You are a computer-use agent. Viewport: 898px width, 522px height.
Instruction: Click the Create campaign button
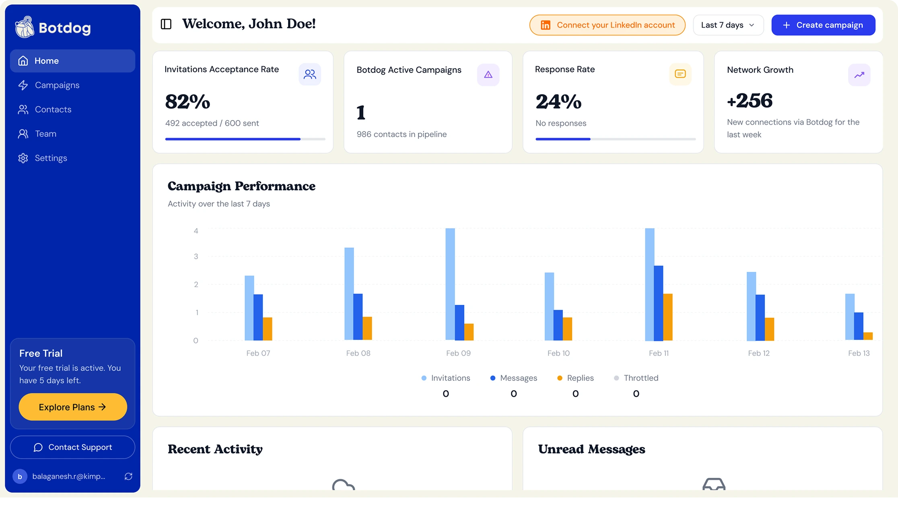[823, 25]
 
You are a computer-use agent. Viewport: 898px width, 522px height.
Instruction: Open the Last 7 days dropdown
[728, 25]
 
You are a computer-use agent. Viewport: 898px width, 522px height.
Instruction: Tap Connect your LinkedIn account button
[607, 25]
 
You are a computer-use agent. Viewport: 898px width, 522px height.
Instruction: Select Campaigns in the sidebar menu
[57, 85]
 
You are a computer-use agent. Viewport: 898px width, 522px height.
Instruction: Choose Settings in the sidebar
[51, 158]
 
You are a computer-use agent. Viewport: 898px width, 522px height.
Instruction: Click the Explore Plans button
[72, 407]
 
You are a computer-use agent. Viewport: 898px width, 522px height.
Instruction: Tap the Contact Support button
[72, 447]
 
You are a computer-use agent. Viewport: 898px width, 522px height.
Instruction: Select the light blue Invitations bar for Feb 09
[450, 284]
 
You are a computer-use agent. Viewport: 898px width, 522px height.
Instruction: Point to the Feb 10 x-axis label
[558, 353]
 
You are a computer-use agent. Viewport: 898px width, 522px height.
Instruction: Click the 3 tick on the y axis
[196, 257]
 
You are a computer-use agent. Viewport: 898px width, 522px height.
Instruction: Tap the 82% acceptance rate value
[187, 101]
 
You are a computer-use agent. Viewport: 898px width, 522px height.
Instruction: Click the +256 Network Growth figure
[750, 101]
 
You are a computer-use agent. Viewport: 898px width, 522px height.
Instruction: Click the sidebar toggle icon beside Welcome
[166, 24]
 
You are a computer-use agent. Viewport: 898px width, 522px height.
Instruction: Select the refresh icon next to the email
[128, 476]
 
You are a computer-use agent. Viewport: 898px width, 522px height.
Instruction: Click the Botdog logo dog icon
[25, 27]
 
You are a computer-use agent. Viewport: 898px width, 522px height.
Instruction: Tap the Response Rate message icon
[680, 74]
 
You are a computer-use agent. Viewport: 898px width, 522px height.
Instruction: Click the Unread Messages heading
[591, 449]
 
